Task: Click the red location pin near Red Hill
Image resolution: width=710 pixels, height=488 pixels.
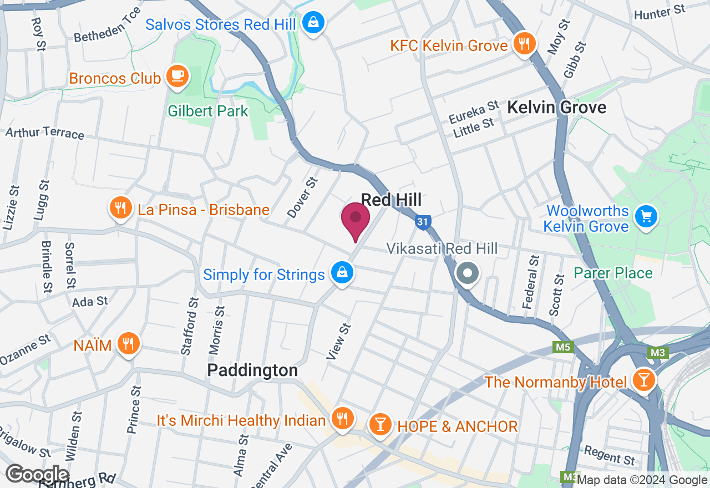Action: [x=356, y=220]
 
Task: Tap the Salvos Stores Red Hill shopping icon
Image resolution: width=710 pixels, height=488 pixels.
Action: [x=313, y=23]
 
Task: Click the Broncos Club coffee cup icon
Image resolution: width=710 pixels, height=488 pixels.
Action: [x=177, y=77]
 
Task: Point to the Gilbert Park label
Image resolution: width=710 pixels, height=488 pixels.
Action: [x=208, y=111]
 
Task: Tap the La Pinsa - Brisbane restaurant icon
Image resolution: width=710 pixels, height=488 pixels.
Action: [x=120, y=209]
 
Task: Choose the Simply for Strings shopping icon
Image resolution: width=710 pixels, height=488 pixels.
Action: [x=342, y=273]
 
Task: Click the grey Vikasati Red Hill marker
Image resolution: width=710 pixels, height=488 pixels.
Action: [x=467, y=273]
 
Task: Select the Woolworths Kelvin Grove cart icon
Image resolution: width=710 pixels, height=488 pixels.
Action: [x=645, y=216]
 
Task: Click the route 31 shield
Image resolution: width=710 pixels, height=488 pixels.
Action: [x=423, y=222]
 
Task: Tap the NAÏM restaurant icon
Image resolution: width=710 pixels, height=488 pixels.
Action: [x=128, y=344]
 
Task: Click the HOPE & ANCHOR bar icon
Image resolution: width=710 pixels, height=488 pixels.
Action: [x=380, y=425]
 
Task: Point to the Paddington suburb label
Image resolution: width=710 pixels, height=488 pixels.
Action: [x=252, y=370]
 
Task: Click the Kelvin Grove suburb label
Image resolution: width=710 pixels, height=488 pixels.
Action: [x=556, y=107]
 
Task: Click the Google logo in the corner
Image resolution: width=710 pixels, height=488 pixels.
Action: [x=37, y=475]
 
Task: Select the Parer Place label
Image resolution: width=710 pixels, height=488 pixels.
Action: [x=613, y=273]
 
